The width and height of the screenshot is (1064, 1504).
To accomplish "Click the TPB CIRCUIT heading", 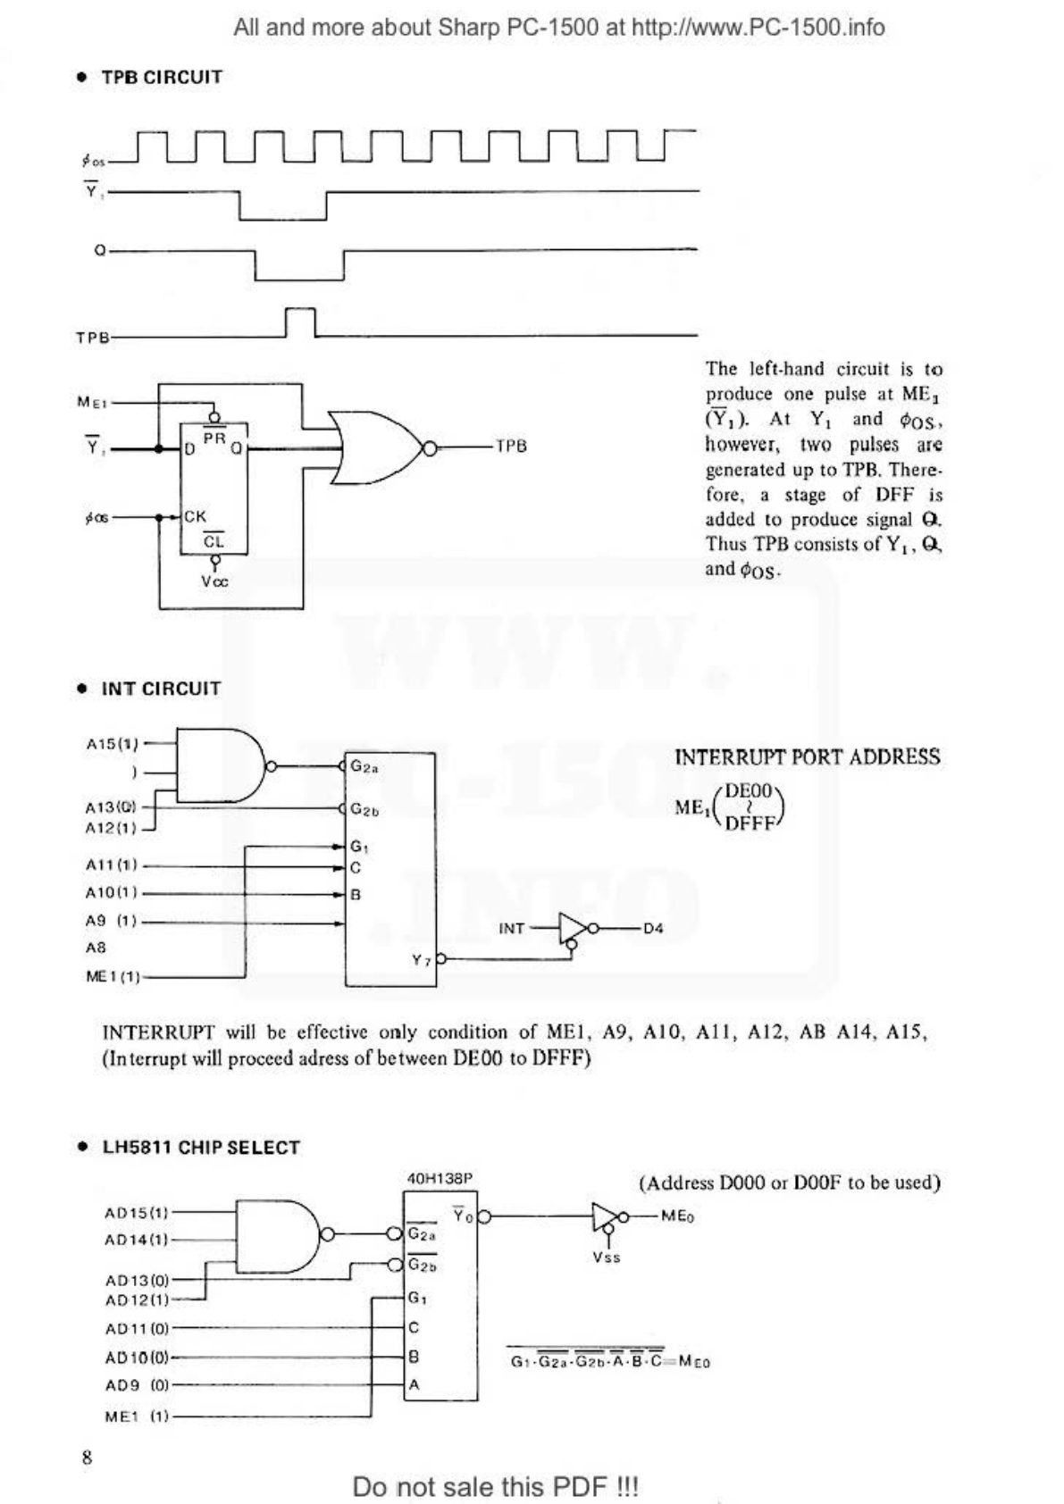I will (x=161, y=77).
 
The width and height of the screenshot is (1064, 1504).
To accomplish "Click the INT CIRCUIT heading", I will (x=161, y=689).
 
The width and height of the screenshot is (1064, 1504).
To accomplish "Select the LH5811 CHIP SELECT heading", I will (x=201, y=1148).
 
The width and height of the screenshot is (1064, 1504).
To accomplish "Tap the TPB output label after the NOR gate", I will (x=511, y=446).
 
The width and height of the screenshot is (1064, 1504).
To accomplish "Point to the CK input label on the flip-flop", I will (x=196, y=516).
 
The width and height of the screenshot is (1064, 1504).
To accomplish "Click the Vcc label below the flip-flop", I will (x=214, y=581).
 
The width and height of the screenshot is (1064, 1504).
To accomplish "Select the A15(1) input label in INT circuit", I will (x=113, y=743).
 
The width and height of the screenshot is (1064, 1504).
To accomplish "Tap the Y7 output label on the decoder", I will (x=421, y=960).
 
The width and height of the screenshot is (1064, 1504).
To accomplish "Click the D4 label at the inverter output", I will (x=653, y=929).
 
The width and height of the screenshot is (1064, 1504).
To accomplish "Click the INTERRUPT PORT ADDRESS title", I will (x=808, y=757).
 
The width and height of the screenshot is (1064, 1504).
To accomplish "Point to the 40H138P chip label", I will (x=440, y=1179).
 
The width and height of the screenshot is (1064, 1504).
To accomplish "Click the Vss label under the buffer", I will (x=607, y=1258).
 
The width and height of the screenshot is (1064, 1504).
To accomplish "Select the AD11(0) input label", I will (x=137, y=1328).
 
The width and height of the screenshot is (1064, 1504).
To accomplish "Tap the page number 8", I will (x=87, y=1458).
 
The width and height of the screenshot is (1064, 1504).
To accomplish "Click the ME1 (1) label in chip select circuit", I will (x=137, y=1416).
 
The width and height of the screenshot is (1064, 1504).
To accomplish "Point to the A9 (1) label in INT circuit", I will (x=111, y=921).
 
